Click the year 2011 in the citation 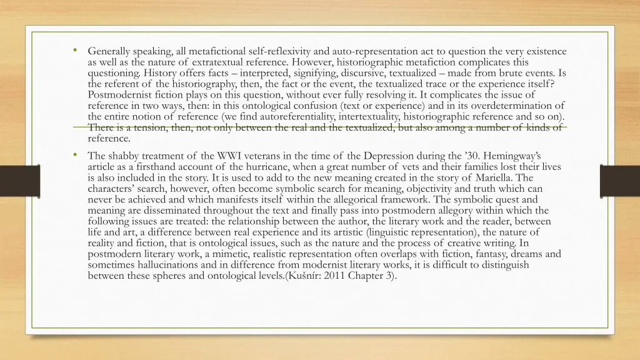pyautogui.click(x=337, y=275)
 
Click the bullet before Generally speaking pyautogui.click(x=74, y=51)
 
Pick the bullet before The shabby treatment pyautogui.click(x=74, y=155)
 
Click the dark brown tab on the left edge pyautogui.click(x=19, y=181)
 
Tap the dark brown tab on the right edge pyautogui.click(x=619, y=181)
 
